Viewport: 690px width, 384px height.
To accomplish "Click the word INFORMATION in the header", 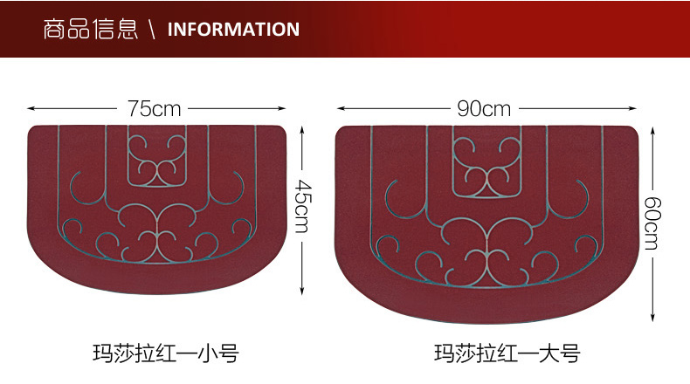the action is [232, 29].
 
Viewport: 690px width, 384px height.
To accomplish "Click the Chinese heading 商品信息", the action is [90, 29].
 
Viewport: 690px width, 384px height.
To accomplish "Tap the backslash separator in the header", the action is [152, 30].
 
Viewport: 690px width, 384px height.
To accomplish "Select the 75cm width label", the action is [154, 109].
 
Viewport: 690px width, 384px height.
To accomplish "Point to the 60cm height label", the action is [652, 222].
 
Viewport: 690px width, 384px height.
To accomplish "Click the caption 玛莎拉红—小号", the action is [165, 353].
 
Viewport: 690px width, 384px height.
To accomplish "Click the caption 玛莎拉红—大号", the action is [507, 353].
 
